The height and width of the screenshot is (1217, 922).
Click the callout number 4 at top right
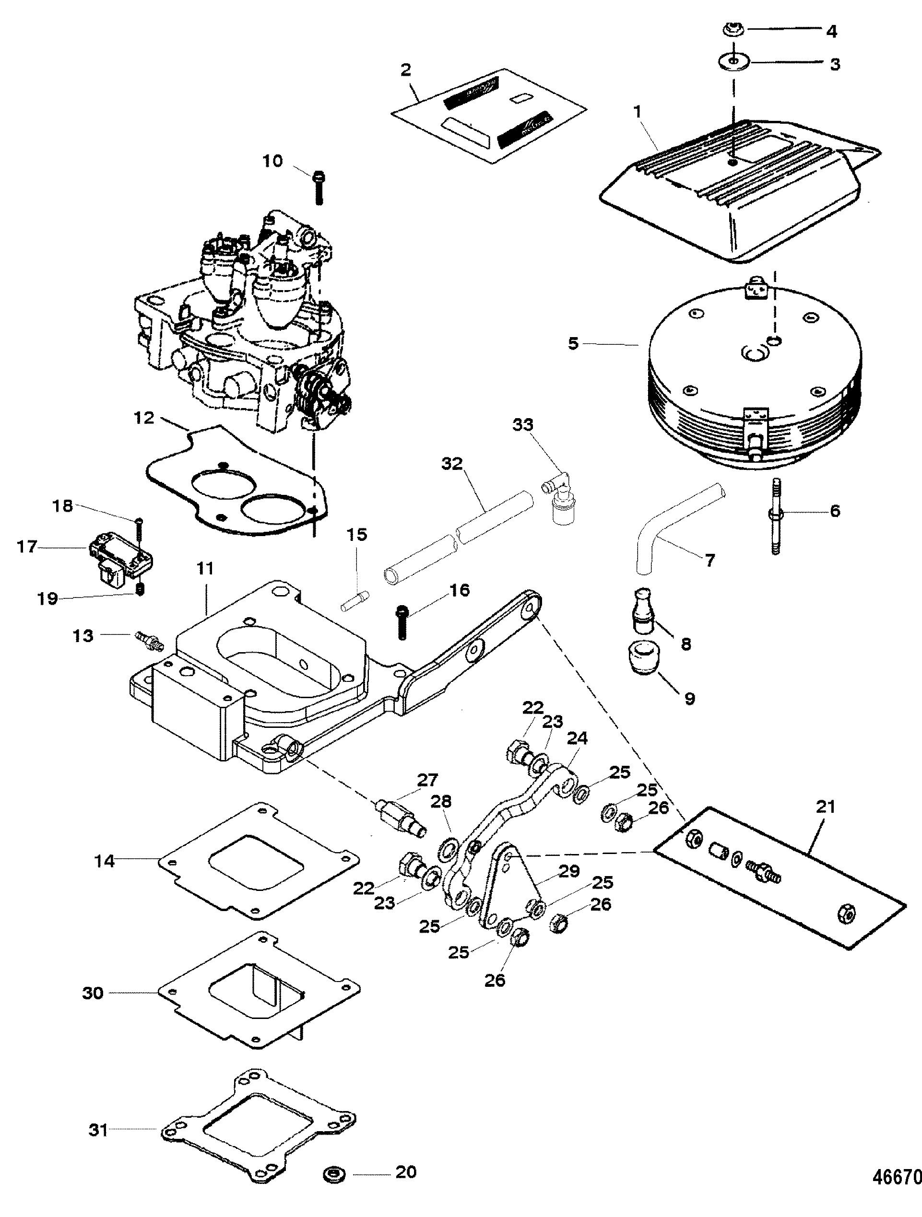pos(832,32)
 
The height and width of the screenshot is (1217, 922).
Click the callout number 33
pos(523,425)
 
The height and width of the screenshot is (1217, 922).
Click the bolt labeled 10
pos(319,187)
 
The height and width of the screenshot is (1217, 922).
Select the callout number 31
pos(98,1113)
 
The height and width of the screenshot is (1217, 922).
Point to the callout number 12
pos(144,418)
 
